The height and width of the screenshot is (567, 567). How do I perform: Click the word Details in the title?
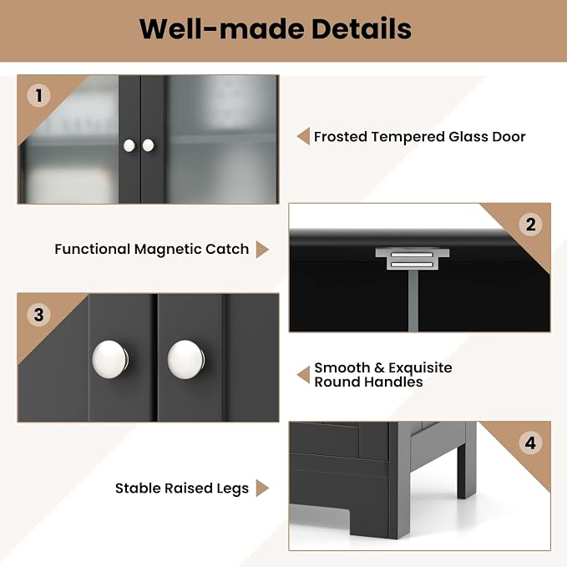point(362,29)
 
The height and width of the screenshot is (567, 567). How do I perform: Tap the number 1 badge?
point(38,95)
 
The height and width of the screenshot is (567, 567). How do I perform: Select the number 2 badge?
point(530,225)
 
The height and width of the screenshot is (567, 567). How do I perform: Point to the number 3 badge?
point(38,315)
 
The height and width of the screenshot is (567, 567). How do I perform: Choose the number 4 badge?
point(530,443)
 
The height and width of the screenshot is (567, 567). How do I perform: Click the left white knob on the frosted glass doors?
point(129,146)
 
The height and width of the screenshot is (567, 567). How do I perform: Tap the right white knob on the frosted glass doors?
point(148,145)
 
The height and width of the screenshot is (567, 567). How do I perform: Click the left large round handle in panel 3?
point(110,359)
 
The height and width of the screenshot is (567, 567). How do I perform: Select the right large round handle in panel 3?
point(186,359)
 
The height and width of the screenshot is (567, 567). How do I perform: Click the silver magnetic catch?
point(413,259)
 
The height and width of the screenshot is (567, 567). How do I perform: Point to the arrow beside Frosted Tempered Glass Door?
point(303,136)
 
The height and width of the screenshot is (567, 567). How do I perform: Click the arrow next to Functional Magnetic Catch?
point(262,250)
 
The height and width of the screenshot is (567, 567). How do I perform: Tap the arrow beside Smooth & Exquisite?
point(303,375)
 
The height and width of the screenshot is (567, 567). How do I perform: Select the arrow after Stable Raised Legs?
point(262,489)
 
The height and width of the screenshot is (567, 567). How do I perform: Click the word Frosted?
point(341,137)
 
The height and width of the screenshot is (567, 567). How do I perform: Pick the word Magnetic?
point(168,249)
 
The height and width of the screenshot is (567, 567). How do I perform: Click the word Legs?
point(232,489)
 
